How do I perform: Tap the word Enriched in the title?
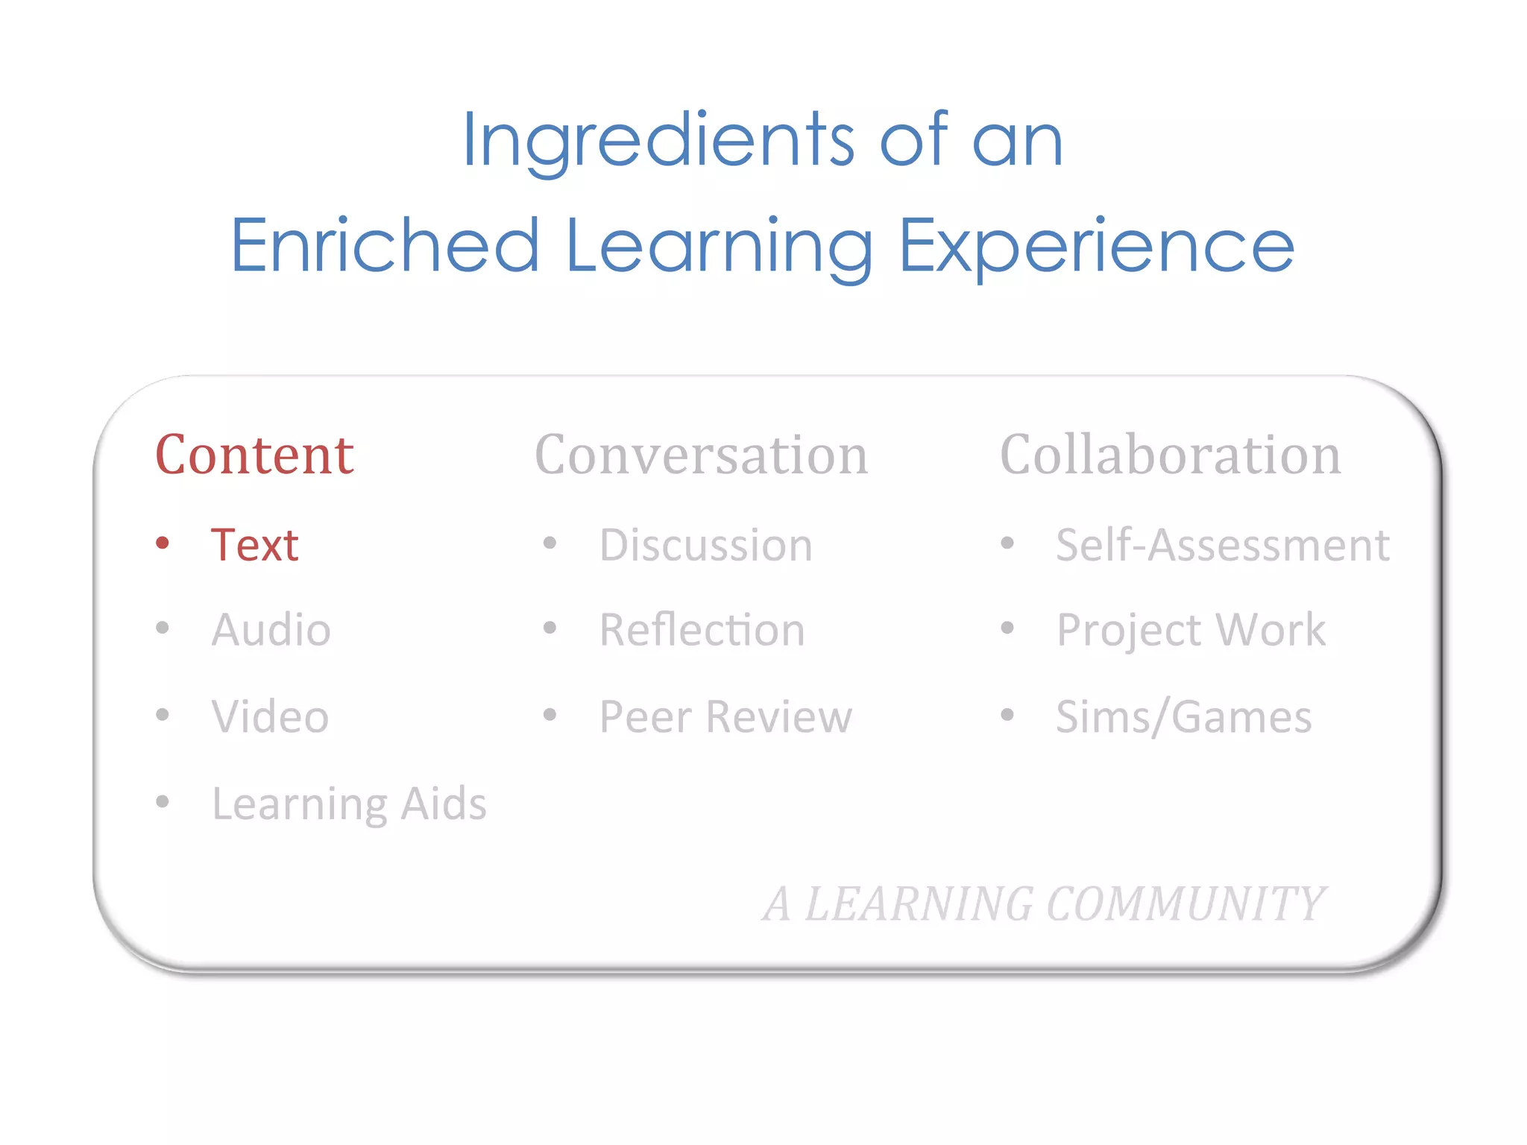point(385,245)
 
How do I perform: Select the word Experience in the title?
point(1097,245)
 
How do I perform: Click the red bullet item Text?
point(254,545)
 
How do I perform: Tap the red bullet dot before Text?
point(163,543)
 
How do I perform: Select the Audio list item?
point(271,630)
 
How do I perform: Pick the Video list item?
point(270,716)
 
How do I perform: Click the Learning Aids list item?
point(349,804)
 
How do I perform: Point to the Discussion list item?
point(705,545)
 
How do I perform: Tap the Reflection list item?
point(702,630)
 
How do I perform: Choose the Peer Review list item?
point(725,716)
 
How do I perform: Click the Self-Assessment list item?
point(1222,545)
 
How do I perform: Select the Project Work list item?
point(1191,630)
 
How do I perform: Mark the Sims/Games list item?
point(1183,716)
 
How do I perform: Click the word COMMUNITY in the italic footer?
point(1186,904)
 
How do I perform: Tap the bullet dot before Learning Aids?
point(163,802)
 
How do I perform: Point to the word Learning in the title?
point(719,245)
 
